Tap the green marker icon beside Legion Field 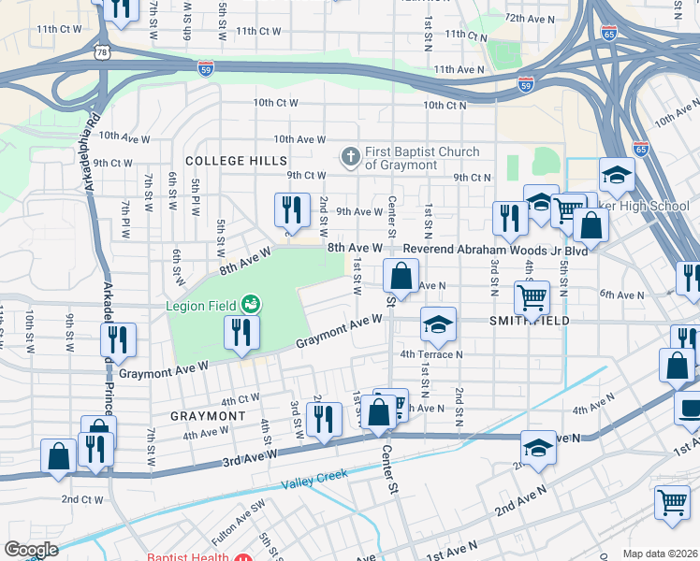click(250, 303)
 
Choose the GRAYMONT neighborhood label click(208, 414)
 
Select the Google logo click(31, 550)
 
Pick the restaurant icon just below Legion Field click(241, 334)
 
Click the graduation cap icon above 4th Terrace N click(437, 324)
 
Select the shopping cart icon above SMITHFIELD click(532, 297)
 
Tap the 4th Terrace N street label click(431, 354)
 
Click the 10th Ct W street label click(275, 103)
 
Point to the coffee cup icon click(690, 408)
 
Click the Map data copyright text click(661, 554)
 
